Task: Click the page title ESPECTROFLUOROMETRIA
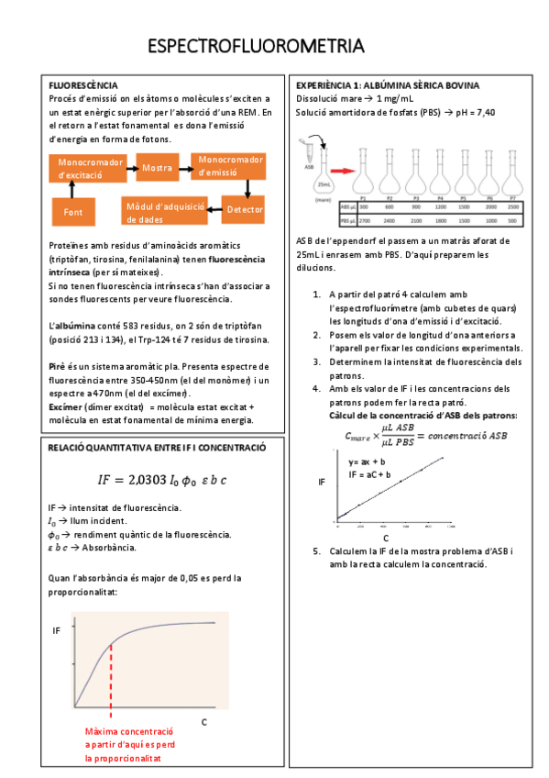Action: click(256, 47)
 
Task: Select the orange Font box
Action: click(73, 211)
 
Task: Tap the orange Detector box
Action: click(245, 210)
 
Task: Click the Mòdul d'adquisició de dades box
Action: click(158, 213)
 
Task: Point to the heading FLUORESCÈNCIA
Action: click(82, 85)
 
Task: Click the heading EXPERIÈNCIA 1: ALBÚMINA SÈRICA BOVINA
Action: click(387, 85)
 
